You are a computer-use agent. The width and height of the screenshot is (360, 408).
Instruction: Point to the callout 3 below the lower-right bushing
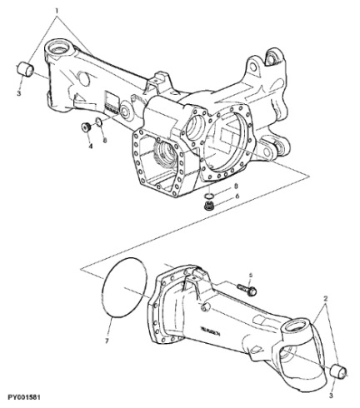pos(331,386)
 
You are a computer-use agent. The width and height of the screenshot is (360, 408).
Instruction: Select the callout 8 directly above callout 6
pos(236,185)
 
